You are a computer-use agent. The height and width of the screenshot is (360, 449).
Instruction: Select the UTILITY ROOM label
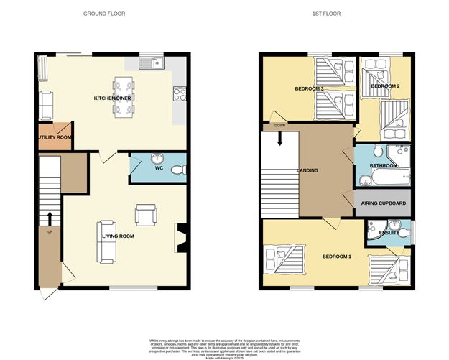click(x=55, y=137)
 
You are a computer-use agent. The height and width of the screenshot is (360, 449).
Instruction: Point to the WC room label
click(x=160, y=169)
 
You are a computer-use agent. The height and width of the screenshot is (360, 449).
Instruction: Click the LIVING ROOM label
click(x=116, y=236)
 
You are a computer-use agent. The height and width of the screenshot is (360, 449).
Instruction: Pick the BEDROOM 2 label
click(x=384, y=86)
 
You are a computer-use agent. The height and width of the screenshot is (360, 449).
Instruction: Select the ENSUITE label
click(x=389, y=234)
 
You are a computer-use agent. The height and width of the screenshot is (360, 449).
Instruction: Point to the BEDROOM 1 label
click(x=336, y=257)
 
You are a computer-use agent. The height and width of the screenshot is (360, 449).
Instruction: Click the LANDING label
click(x=307, y=170)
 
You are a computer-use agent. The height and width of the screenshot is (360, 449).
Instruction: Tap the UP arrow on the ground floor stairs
click(x=50, y=218)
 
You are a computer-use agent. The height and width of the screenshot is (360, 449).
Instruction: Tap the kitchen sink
click(x=153, y=63)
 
